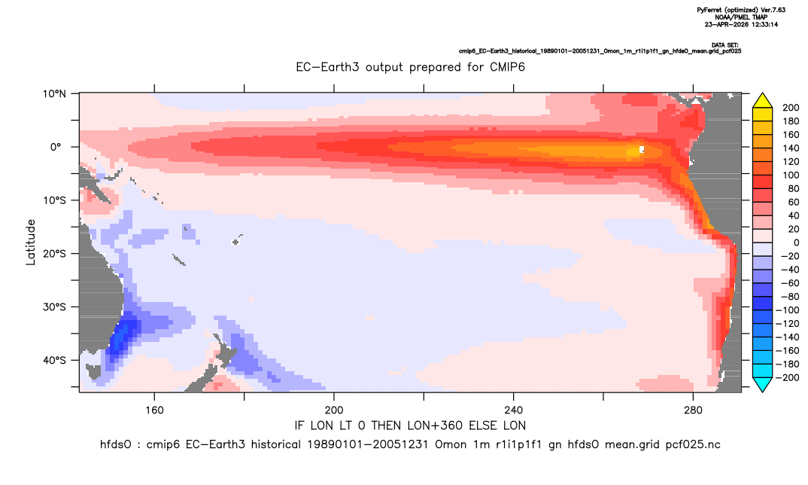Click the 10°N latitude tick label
pos(54,94)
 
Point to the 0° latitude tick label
pos(56,147)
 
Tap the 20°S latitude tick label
pos(54,254)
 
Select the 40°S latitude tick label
pos(54,360)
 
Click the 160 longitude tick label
pos(154,410)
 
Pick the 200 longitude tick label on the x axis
pos(334,410)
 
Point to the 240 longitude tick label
pos(514,410)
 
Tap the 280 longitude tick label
pos(693,410)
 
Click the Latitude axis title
pos(31,242)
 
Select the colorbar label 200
pos(791,108)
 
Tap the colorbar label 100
pos(791,175)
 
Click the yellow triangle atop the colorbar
pos(762,101)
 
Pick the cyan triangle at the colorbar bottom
pos(762,384)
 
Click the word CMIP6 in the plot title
pos(507,67)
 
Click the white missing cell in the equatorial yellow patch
pos(642,150)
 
